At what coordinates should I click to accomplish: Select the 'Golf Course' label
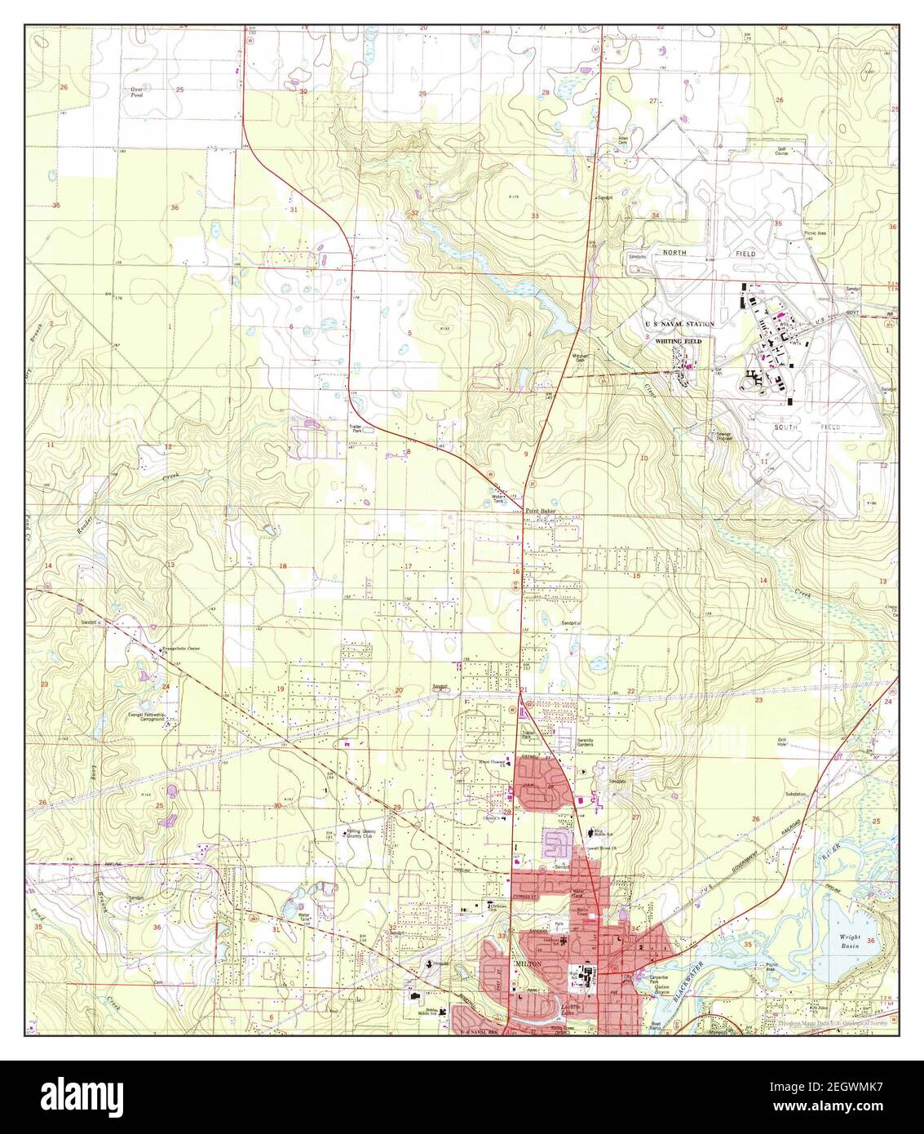point(785,152)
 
